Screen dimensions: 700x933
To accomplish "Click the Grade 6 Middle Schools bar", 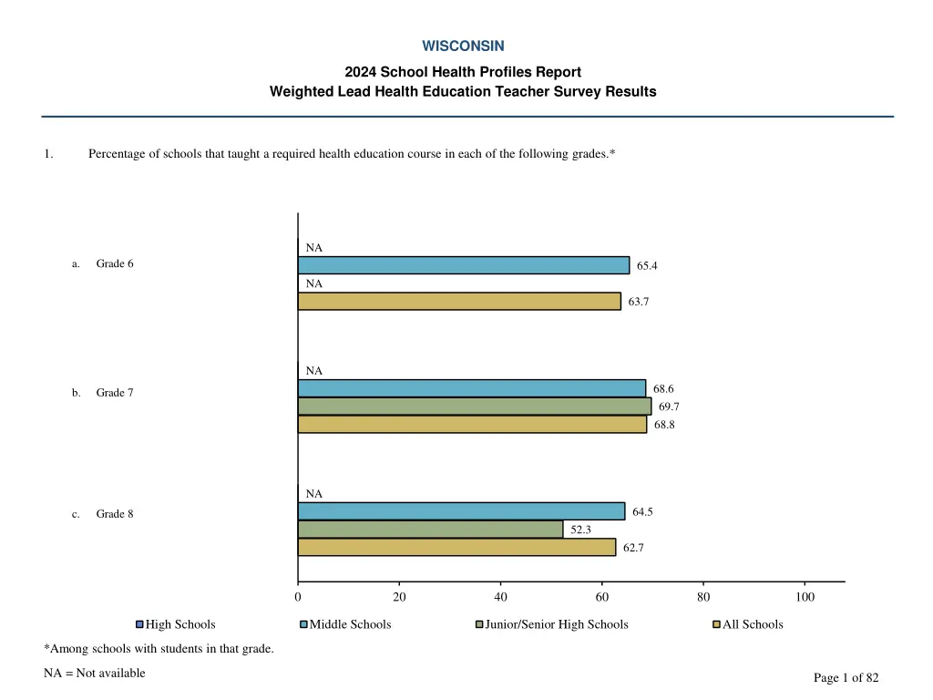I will click(x=463, y=265).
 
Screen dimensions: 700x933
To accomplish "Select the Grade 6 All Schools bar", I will click(x=459, y=302).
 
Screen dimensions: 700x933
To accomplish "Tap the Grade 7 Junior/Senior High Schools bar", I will click(x=474, y=407).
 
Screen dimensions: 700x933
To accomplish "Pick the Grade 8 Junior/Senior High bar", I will click(x=430, y=530).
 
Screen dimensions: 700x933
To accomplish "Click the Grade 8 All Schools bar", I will click(x=456, y=548).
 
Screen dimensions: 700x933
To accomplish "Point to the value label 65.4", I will click(x=647, y=266).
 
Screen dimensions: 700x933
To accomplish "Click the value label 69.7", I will click(x=669, y=407).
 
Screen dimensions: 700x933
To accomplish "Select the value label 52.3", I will click(x=581, y=530).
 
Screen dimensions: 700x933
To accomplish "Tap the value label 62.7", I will click(x=635, y=548).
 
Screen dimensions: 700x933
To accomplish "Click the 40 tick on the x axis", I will click(x=500, y=597).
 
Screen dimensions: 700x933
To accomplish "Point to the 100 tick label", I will click(x=805, y=597).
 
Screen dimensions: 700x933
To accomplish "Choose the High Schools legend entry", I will click(x=176, y=624).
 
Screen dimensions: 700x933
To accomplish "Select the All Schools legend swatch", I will click(x=716, y=624).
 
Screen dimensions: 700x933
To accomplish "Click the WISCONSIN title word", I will click(x=463, y=46).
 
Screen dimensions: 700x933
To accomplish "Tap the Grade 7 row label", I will click(x=115, y=393).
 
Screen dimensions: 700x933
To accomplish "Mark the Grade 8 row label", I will click(x=115, y=514).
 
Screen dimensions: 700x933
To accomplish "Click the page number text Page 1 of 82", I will click(x=846, y=677).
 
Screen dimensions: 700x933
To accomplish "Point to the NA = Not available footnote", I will click(x=95, y=674).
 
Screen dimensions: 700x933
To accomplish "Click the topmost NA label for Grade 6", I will click(x=313, y=248).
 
